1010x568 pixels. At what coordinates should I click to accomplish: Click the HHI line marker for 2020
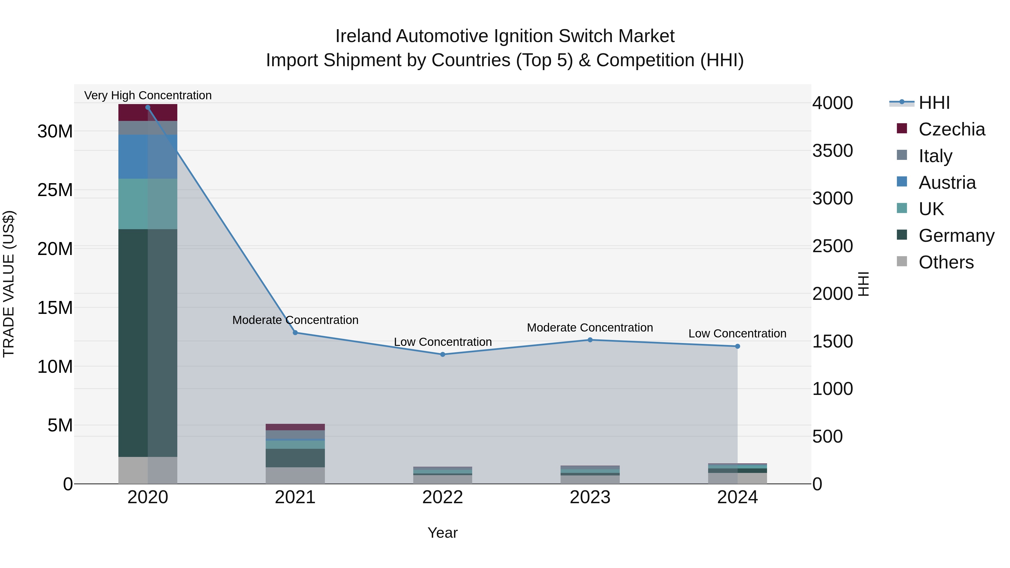point(148,107)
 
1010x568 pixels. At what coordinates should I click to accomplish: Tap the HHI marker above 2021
point(295,332)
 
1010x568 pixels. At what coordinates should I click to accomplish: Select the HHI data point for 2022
point(443,354)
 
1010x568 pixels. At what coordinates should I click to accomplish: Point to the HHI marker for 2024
point(738,346)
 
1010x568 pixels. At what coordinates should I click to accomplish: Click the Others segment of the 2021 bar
point(295,475)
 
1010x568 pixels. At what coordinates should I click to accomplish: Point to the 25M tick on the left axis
point(55,190)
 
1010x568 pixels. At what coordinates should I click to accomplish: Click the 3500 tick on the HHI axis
point(832,151)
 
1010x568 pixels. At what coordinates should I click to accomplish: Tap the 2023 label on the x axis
point(590,497)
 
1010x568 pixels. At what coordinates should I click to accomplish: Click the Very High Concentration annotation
point(148,95)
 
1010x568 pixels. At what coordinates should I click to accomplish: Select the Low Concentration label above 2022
point(443,342)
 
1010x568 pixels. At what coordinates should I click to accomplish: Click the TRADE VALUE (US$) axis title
point(9,284)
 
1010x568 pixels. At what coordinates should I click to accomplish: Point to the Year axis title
point(443,533)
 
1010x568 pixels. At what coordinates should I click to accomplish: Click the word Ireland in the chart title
point(363,36)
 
